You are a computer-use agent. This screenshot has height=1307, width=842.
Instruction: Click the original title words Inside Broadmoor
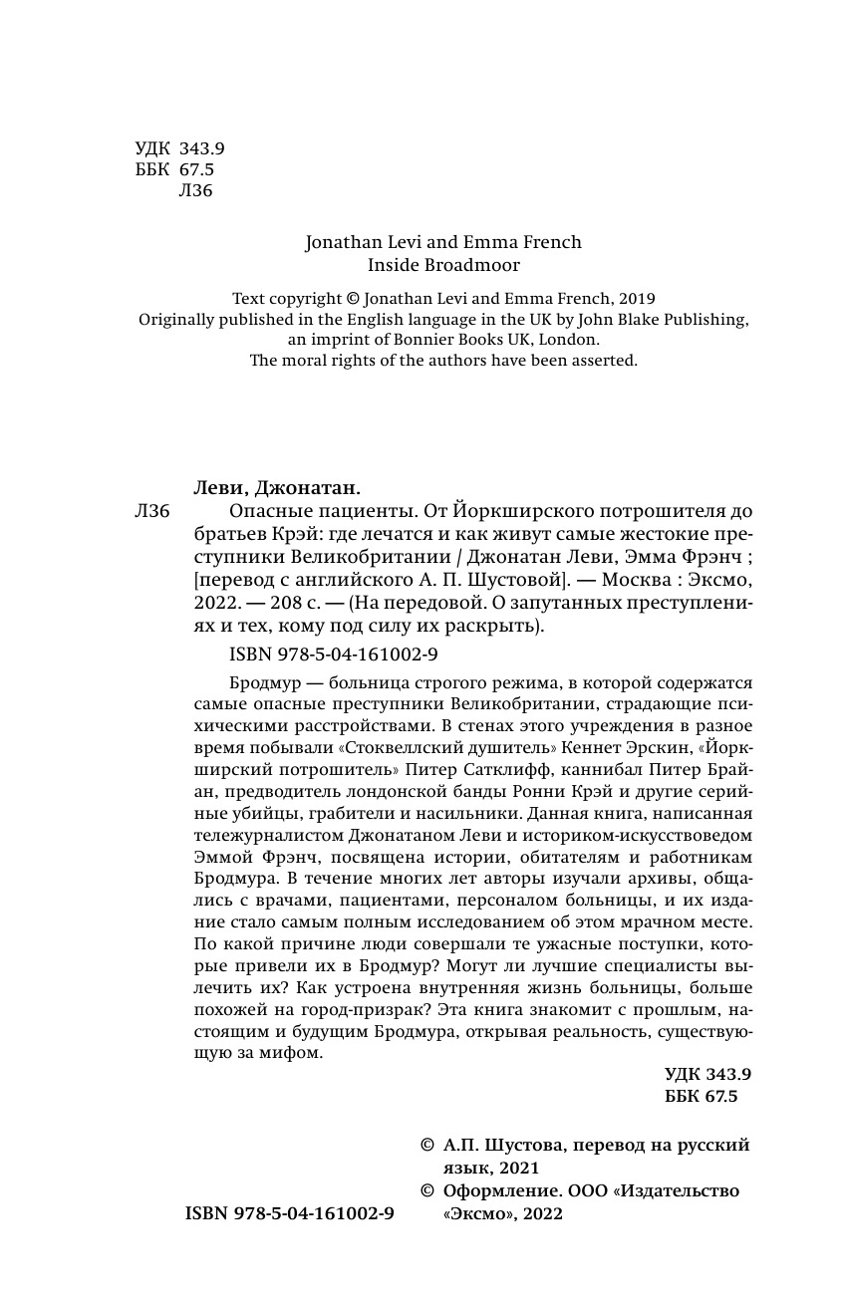coord(443,265)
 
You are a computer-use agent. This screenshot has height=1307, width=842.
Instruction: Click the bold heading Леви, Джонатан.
coord(276,487)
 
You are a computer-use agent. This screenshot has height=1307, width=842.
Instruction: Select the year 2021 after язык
coord(517,1169)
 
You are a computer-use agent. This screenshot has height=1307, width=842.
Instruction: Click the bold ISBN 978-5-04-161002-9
coord(290,1213)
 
